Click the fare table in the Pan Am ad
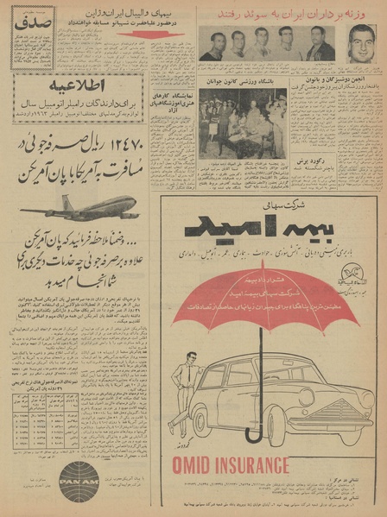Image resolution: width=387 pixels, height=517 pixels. pyautogui.click(x=42, y=413)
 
